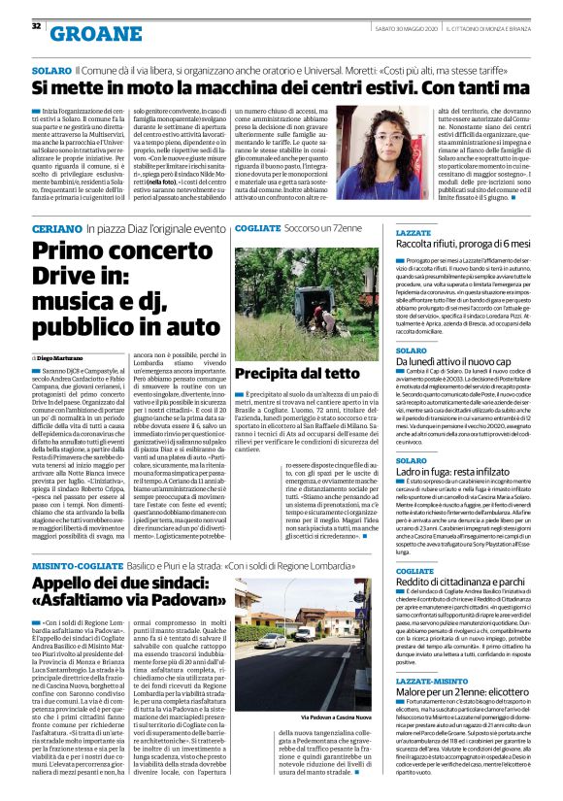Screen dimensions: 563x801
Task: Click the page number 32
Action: pos(36,26)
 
